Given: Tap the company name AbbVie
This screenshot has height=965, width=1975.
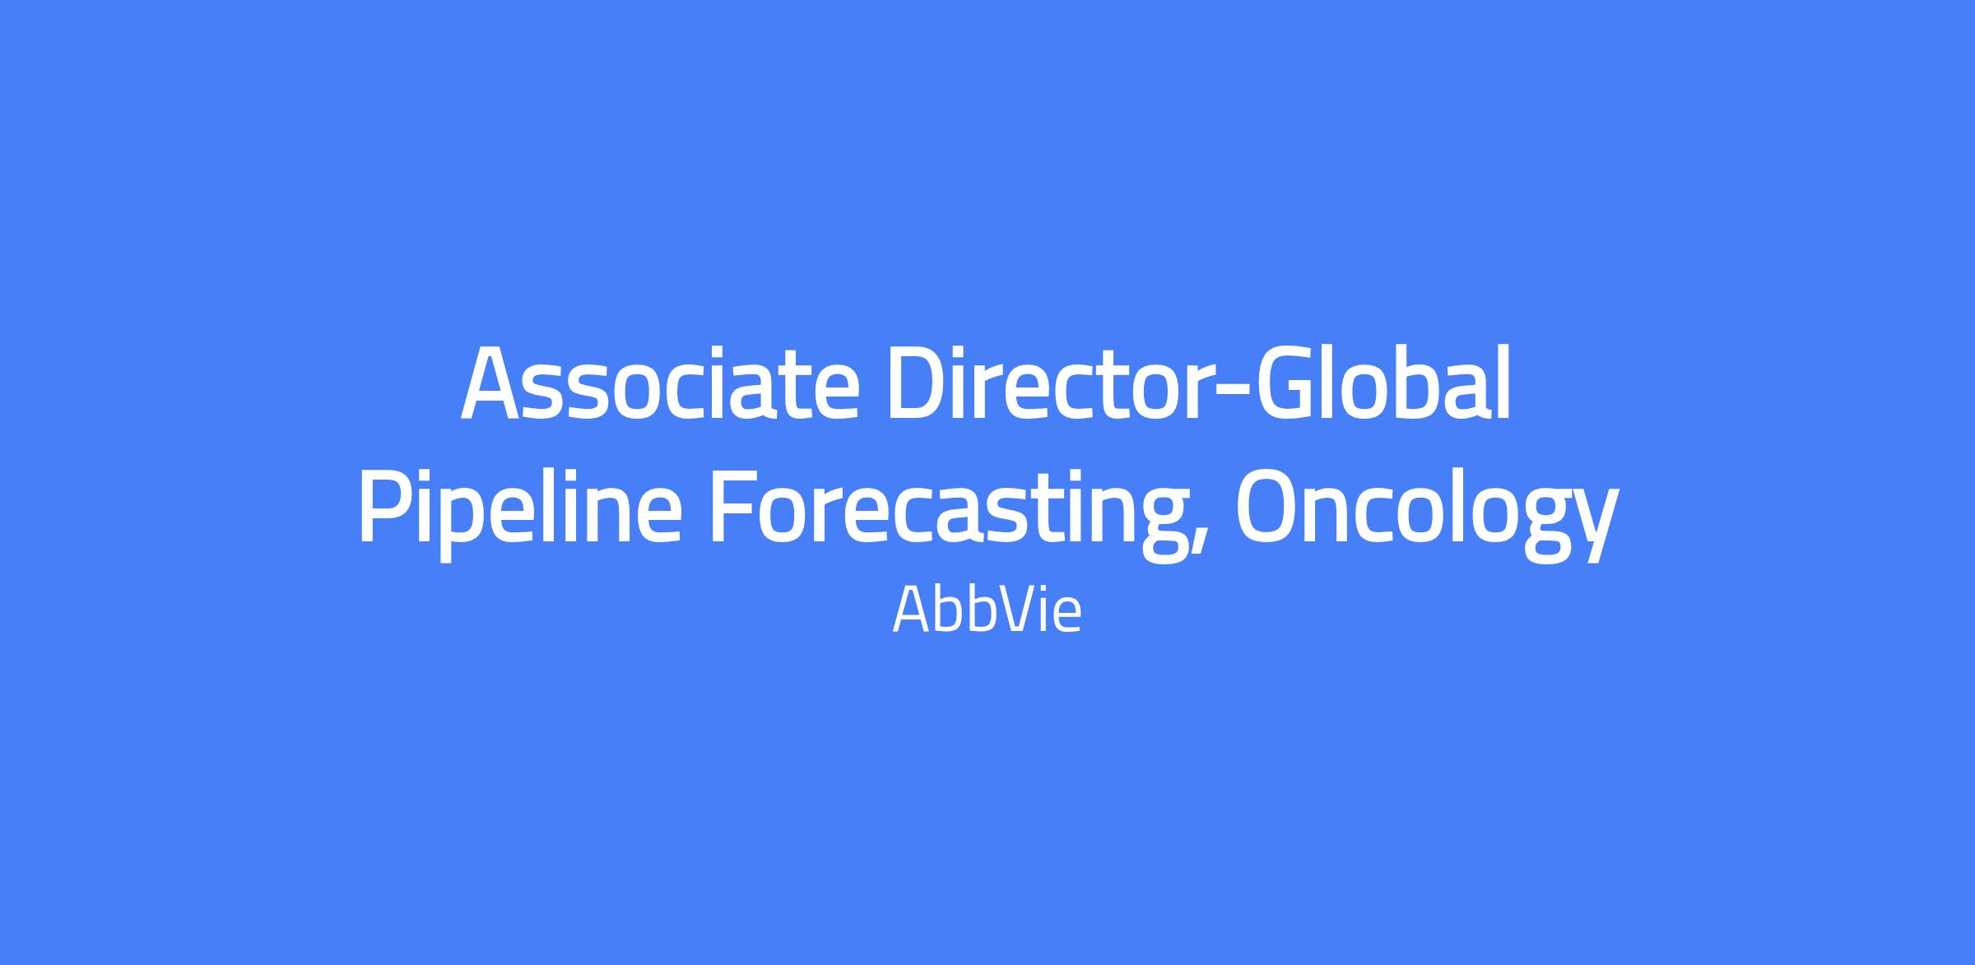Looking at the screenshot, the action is tap(987, 610).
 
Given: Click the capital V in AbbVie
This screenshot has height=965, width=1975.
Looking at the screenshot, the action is tap(1011, 610).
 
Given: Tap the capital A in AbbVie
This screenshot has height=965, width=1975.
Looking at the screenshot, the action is tap(911, 610).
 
